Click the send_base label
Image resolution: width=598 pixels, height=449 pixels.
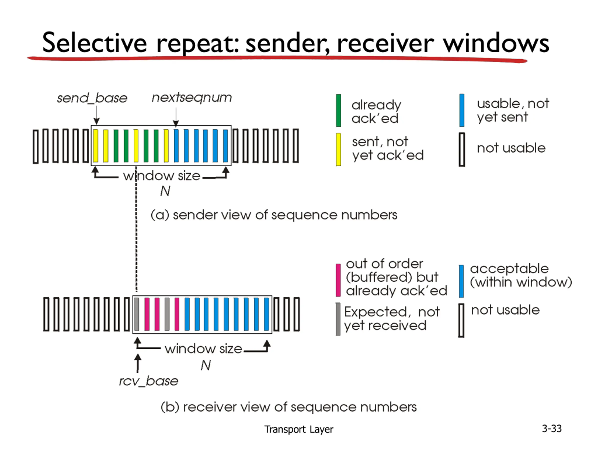point(92,98)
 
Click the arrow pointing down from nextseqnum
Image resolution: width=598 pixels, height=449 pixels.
point(176,117)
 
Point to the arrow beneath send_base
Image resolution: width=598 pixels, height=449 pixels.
point(96,115)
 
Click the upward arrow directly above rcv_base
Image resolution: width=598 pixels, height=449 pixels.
point(138,363)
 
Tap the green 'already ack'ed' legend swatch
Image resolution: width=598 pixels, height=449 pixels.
point(338,110)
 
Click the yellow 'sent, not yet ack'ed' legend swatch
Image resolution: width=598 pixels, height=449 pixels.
point(338,149)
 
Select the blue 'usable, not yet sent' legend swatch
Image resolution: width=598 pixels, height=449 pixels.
point(462,110)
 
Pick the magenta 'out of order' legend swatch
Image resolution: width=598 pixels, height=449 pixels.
point(338,280)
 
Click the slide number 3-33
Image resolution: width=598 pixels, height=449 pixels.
point(552,429)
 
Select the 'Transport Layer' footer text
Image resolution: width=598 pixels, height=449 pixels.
point(299,430)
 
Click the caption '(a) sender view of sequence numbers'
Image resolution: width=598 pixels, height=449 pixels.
point(274,215)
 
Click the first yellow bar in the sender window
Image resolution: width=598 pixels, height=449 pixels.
point(96,146)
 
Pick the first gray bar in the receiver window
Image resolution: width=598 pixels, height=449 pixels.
point(137,314)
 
